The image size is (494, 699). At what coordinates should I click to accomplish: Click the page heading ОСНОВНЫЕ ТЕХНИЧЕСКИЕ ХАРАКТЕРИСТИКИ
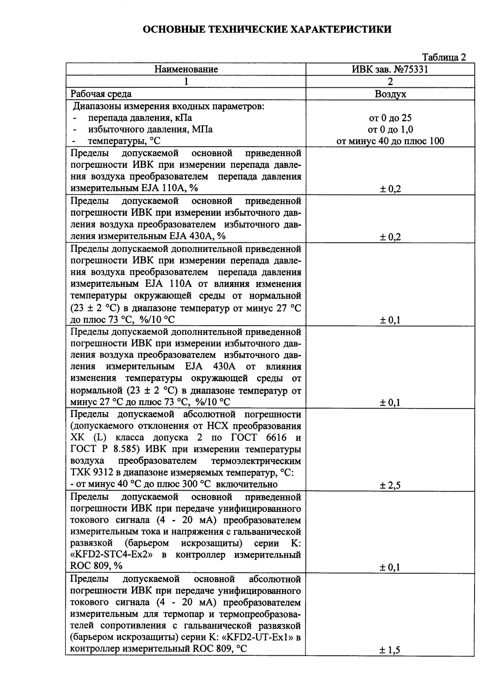coord(268,30)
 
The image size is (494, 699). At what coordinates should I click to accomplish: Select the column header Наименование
coord(186,69)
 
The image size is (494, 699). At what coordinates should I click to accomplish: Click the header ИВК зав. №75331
coord(390,69)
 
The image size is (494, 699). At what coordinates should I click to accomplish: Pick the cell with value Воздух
coord(390,94)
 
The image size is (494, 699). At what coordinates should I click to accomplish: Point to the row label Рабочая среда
coord(101,94)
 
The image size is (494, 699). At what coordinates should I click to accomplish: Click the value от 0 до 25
coord(390,118)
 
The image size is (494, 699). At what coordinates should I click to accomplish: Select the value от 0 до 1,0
coord(390,130)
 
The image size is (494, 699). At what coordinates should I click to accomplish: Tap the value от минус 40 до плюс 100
coord(390,141)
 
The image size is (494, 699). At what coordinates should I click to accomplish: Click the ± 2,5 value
coord(390,485)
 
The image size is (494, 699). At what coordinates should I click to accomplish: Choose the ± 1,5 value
coord(390,650)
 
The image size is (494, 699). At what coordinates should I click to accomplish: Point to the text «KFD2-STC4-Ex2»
coord(112,555)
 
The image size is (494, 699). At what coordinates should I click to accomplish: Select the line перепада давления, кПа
coord(140,118)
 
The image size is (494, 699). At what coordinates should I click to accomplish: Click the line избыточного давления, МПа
coord(150,130)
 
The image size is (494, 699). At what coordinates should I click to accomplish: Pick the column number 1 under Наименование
coord(186,82)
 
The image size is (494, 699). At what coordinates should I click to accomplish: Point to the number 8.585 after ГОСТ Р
coord(121,449)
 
